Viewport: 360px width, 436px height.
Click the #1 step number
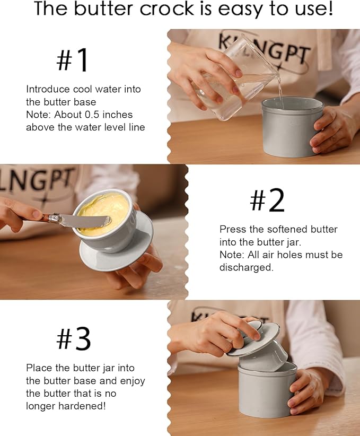(x=72, y=59)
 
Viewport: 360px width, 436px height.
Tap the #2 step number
(x=267, y=200)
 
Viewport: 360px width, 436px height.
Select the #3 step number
(x=73, y=338)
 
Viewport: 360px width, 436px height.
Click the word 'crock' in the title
(x=166, y=8)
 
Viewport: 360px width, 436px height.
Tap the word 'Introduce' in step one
(x=48, y=89)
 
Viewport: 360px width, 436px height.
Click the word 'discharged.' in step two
(x=247, y=267)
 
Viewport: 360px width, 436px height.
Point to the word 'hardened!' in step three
(x=82, y=406)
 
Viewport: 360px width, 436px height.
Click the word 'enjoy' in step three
(x=133, y=381)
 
